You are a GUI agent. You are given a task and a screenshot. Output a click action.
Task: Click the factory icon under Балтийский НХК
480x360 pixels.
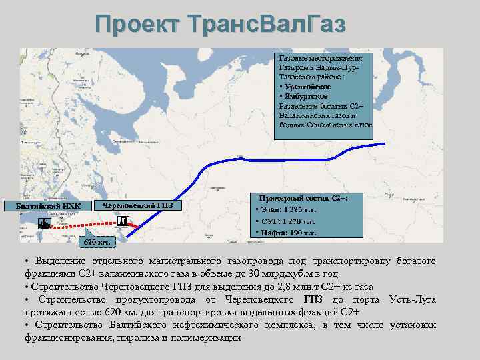[43, 223]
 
